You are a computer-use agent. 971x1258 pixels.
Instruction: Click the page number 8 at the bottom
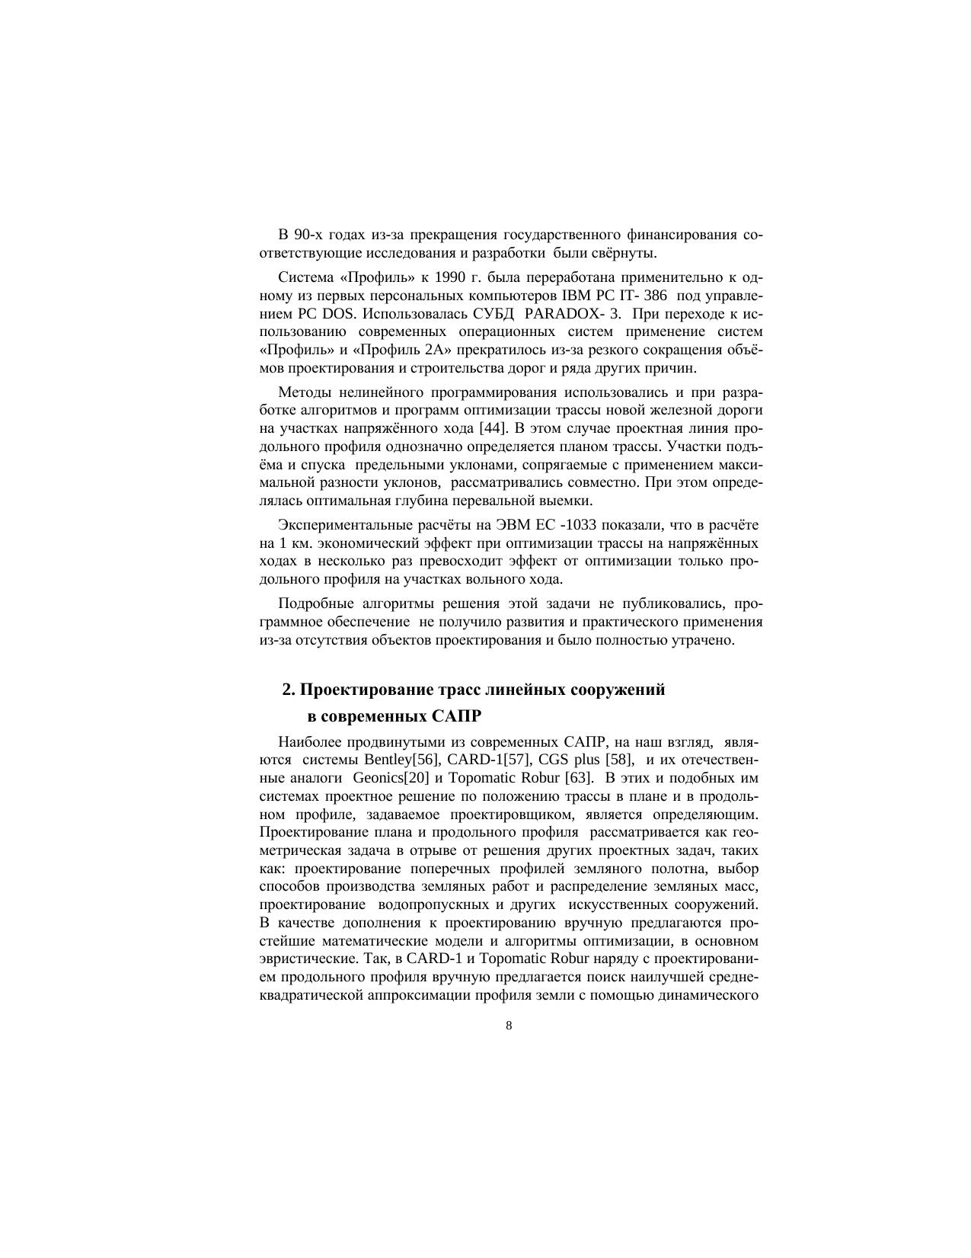click(x=509, y=1025)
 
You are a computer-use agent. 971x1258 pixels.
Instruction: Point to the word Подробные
click(x=310, y=603)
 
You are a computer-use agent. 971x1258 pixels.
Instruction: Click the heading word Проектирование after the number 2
click(x=366, y=690)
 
